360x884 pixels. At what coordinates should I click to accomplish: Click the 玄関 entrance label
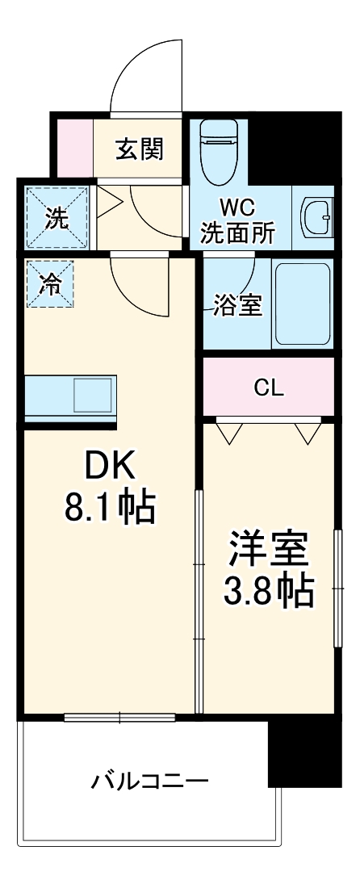(x=140, y=149)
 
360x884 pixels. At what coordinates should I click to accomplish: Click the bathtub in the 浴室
(x=303, y=303)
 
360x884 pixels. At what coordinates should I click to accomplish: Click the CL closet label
(x=269, y=388)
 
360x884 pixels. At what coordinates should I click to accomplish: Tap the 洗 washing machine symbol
(x=57, y=218)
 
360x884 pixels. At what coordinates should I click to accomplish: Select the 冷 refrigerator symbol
(x=49, y=284)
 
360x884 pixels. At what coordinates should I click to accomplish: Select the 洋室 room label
(x=269, y=552)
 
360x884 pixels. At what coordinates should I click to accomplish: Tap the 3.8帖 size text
(x=269, y=593)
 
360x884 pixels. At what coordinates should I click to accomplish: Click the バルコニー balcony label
(x=149, y=781)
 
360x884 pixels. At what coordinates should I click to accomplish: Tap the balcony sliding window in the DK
(x=119, y=715)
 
